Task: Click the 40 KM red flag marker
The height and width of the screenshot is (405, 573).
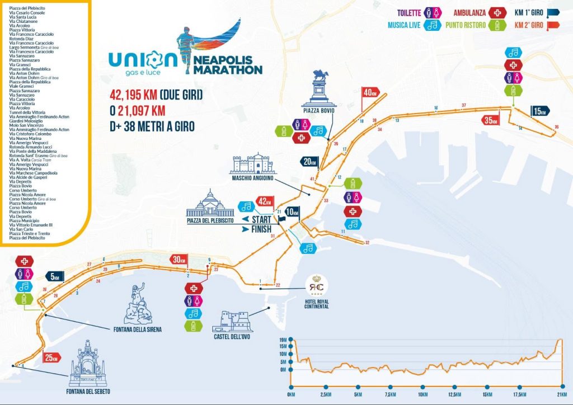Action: coord(370,93)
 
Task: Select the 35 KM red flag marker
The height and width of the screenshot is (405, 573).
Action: coord(491,120)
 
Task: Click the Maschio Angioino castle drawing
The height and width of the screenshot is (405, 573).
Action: coord(253,163)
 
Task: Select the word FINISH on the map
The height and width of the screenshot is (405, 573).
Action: coord(261,229)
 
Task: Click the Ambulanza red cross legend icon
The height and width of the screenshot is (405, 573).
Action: coord(496,12)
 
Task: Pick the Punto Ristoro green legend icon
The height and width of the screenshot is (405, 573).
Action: coord(496,25)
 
